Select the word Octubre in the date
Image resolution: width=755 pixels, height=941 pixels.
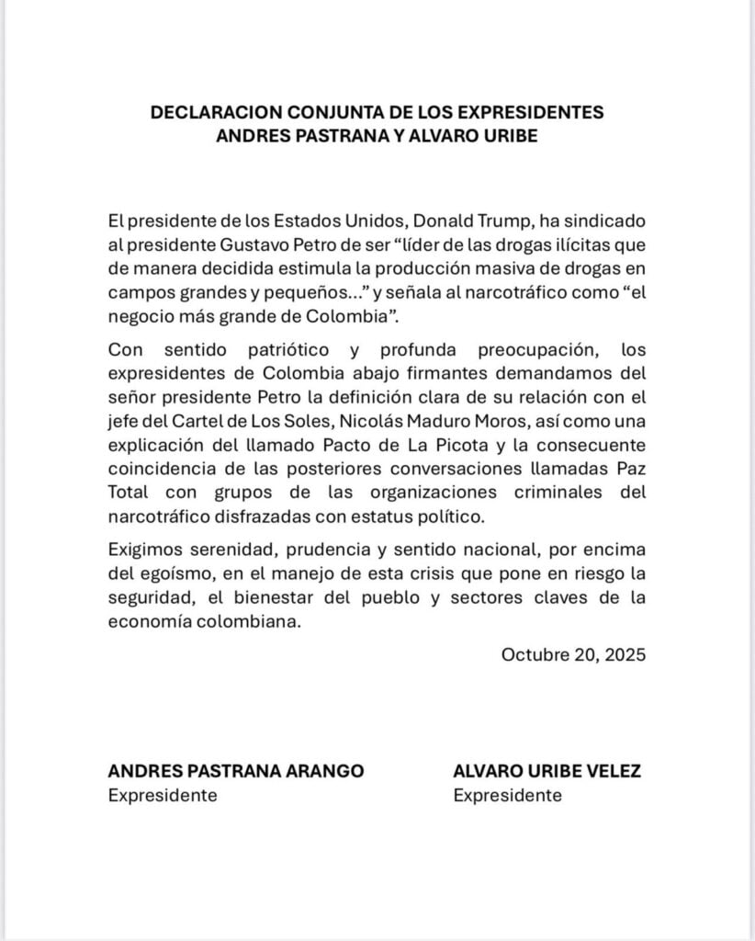point(534,655)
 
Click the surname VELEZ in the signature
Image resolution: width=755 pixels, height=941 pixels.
point(609,771)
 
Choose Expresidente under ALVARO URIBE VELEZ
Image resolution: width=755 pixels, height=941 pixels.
point(507,795)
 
